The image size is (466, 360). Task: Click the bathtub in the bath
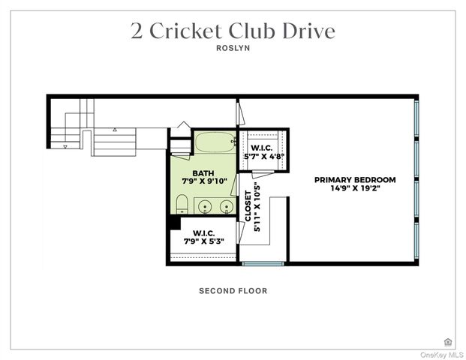click(x=215, y=141)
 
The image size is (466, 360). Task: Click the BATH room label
click(x=192, y=174)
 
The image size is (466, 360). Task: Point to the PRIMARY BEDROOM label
click(x=355, y=180)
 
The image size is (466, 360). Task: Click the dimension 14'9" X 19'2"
click(x=355, y=190)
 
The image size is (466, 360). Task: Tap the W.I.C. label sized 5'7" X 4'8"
click(x=262, y=148)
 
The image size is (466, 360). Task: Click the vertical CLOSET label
click(x=248, y=205)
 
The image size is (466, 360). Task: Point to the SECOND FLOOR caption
click(x=233, y=291)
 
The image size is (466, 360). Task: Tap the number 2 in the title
click(x=137, y=31)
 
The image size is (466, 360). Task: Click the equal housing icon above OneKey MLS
click(x=448, y=342)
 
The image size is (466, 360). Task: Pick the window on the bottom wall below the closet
click(x=263, y=263)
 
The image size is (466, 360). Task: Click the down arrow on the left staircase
click(x=65, y=147)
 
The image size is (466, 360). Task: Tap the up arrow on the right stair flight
click(x=115, y=130)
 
